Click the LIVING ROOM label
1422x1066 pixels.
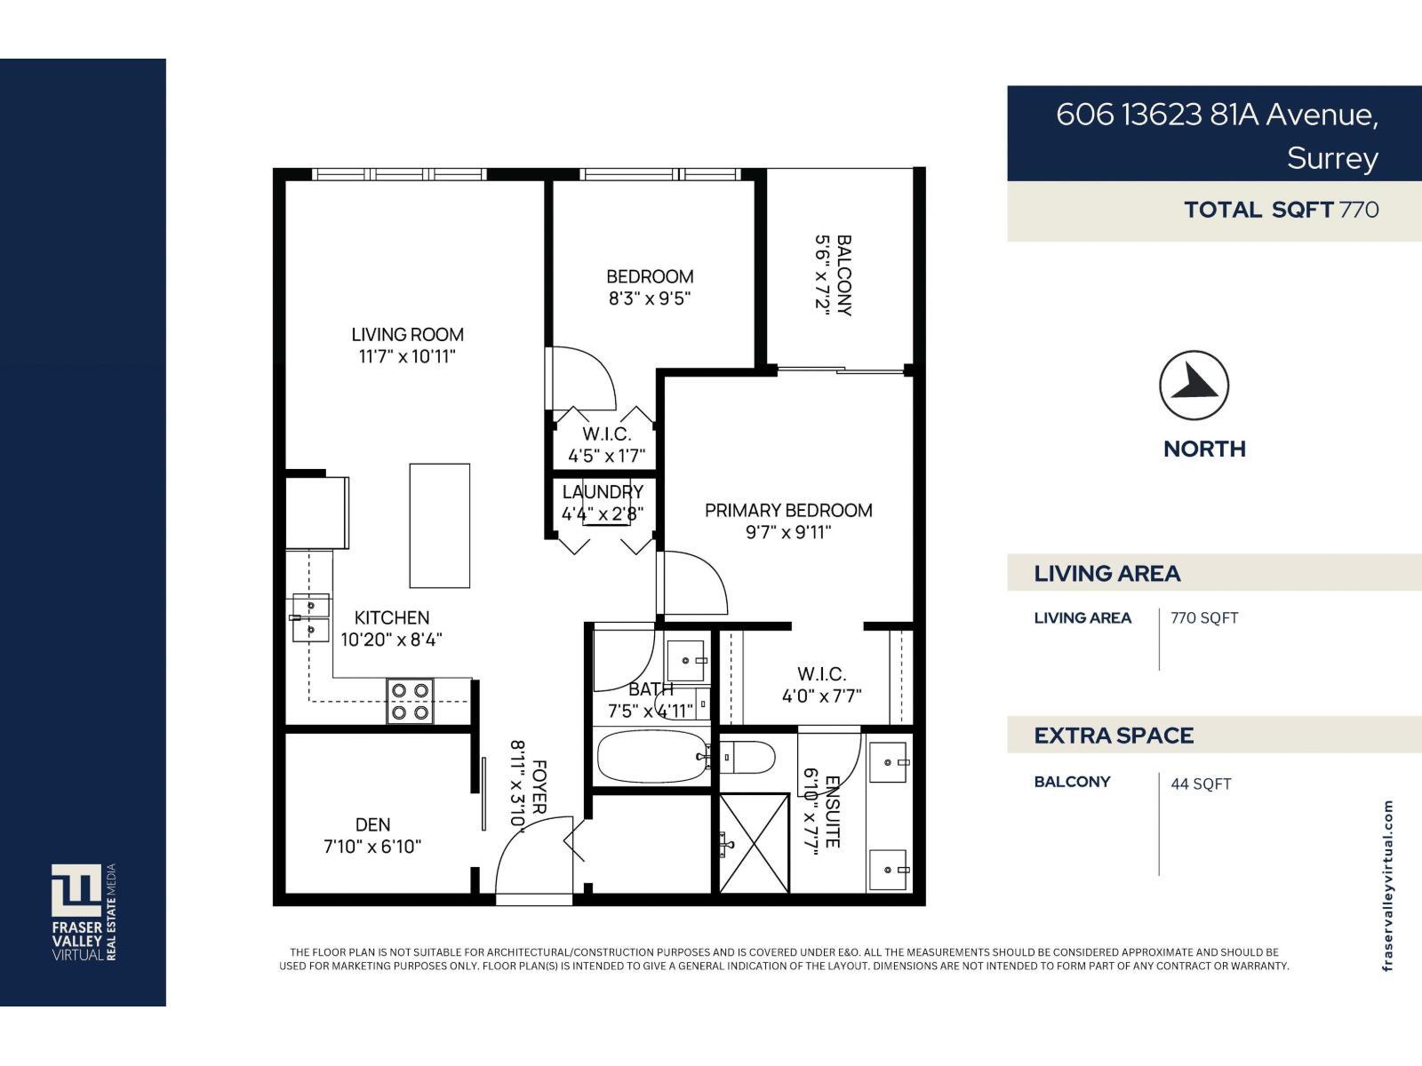coord(407,335)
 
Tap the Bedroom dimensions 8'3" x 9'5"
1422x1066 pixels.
coord(650,299)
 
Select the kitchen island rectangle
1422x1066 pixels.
coord(439,525)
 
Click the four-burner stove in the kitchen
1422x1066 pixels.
coord(410,701)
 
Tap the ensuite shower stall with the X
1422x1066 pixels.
coord(754,843)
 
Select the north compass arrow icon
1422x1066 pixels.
coord(1194,386)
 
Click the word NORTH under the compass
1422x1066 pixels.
coord(1204,449)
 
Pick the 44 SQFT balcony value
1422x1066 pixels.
coord(1201,784)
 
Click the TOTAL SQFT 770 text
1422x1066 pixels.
coord(1281,210)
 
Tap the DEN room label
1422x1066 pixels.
coord(372,824)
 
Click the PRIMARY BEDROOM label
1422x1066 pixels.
coord(788,510)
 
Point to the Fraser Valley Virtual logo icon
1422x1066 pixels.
coord(76,889)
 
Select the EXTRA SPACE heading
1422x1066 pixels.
coord(1114,736)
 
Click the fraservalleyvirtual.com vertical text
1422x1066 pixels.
coord(1387,886)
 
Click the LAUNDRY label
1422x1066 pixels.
coord(603,492)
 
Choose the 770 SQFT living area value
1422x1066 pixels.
coord(1204,618)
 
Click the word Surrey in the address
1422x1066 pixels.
coord(1332,158)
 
